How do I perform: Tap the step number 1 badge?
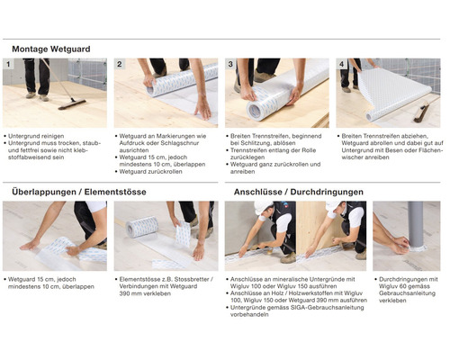click(x=9, y=66)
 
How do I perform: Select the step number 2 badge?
click(x=120, y=66)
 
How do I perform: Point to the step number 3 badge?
click(x=230, y=66)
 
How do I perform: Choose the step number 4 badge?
click(x=342, y=66)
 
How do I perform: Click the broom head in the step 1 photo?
click(x=72, y=103)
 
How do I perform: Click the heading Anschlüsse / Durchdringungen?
click(x=286, y=192)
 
